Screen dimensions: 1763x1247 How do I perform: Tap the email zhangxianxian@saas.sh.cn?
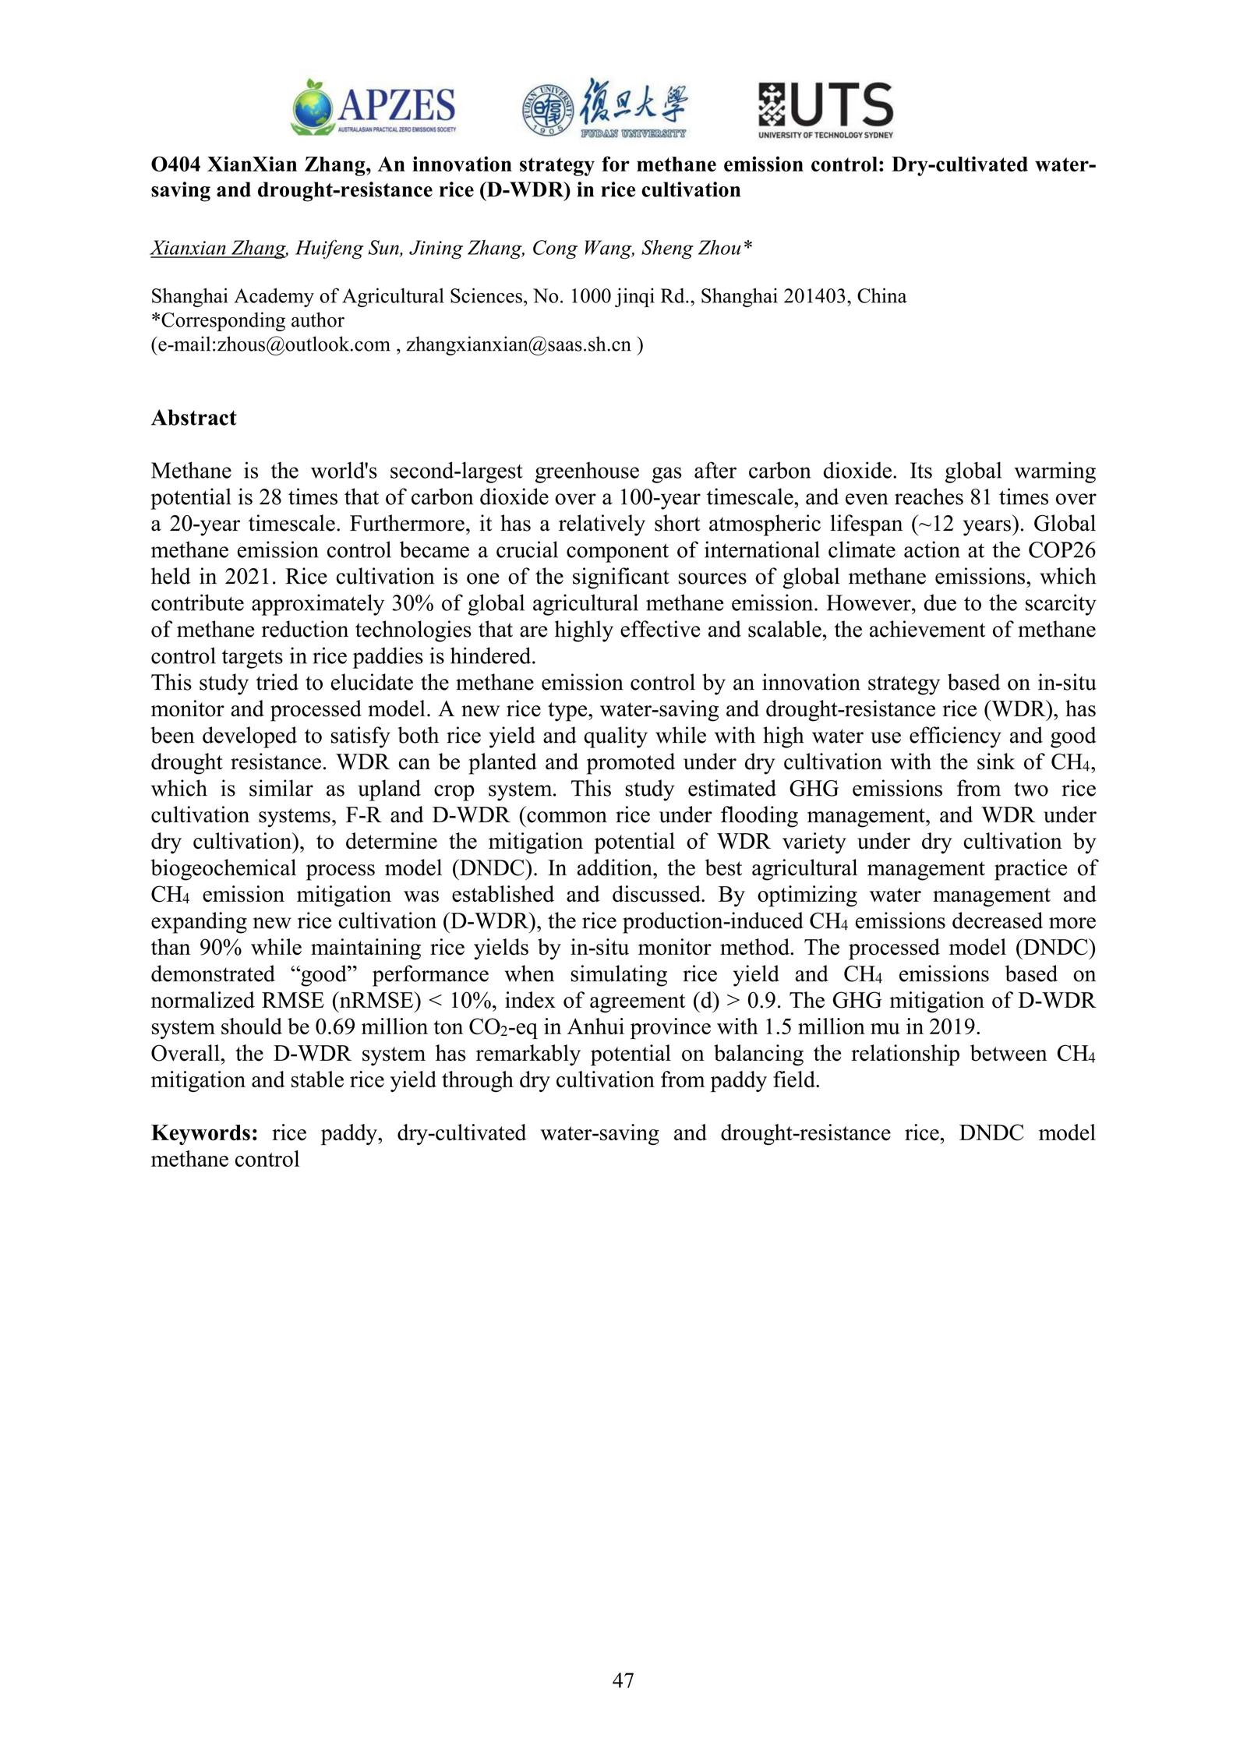tap(519, 344)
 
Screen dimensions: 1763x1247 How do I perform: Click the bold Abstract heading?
tap(193, 419)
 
